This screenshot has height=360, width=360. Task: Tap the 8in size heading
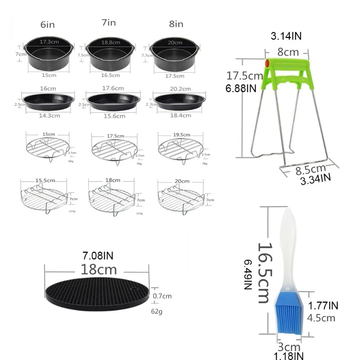click(176, 24)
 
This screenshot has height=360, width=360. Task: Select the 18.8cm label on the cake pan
click(111, 42)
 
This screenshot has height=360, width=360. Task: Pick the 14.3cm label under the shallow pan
click(47, 115)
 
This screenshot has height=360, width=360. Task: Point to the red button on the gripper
click(267, 63)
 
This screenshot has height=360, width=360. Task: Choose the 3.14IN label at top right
click(287, 35)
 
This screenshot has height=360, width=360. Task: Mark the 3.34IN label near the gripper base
click(315, 180)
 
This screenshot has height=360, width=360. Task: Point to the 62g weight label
click(156, 311)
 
